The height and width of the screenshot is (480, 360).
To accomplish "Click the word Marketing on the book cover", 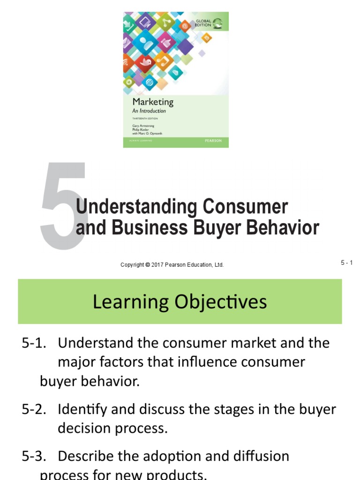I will click(x=153, y=102).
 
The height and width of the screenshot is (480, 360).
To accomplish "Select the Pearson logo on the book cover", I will click(x=213, y=141).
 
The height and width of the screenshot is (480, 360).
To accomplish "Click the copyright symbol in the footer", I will click(x=147, y=265).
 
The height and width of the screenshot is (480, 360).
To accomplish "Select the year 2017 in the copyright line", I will click(x=158, y=265).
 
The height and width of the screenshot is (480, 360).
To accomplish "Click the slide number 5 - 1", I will click(x=346, y=263).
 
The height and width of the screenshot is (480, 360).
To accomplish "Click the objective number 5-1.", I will click(x=34, y=343).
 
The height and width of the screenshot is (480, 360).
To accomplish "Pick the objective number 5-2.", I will click(x=34, y=409).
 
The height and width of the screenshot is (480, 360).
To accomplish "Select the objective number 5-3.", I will click(x=34, y=456).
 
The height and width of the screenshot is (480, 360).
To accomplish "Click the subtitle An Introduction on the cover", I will click(x=149, y=112).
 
